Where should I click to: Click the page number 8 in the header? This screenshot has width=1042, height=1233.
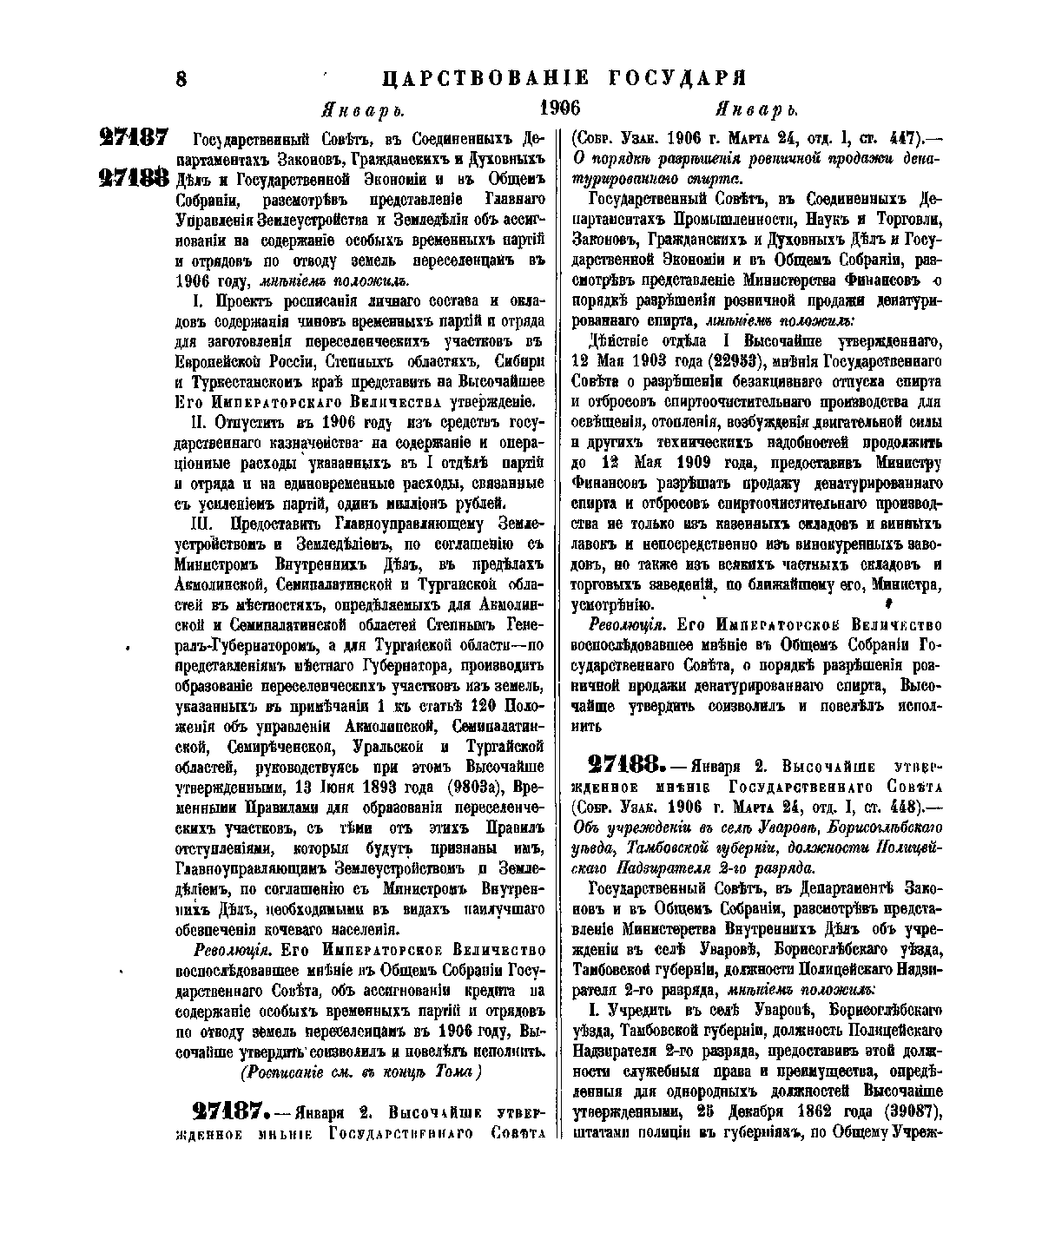click(182, 78)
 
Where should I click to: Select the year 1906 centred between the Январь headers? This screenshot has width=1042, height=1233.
click(559, 109)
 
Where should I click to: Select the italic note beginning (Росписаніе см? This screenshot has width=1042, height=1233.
click(361, 1072)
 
